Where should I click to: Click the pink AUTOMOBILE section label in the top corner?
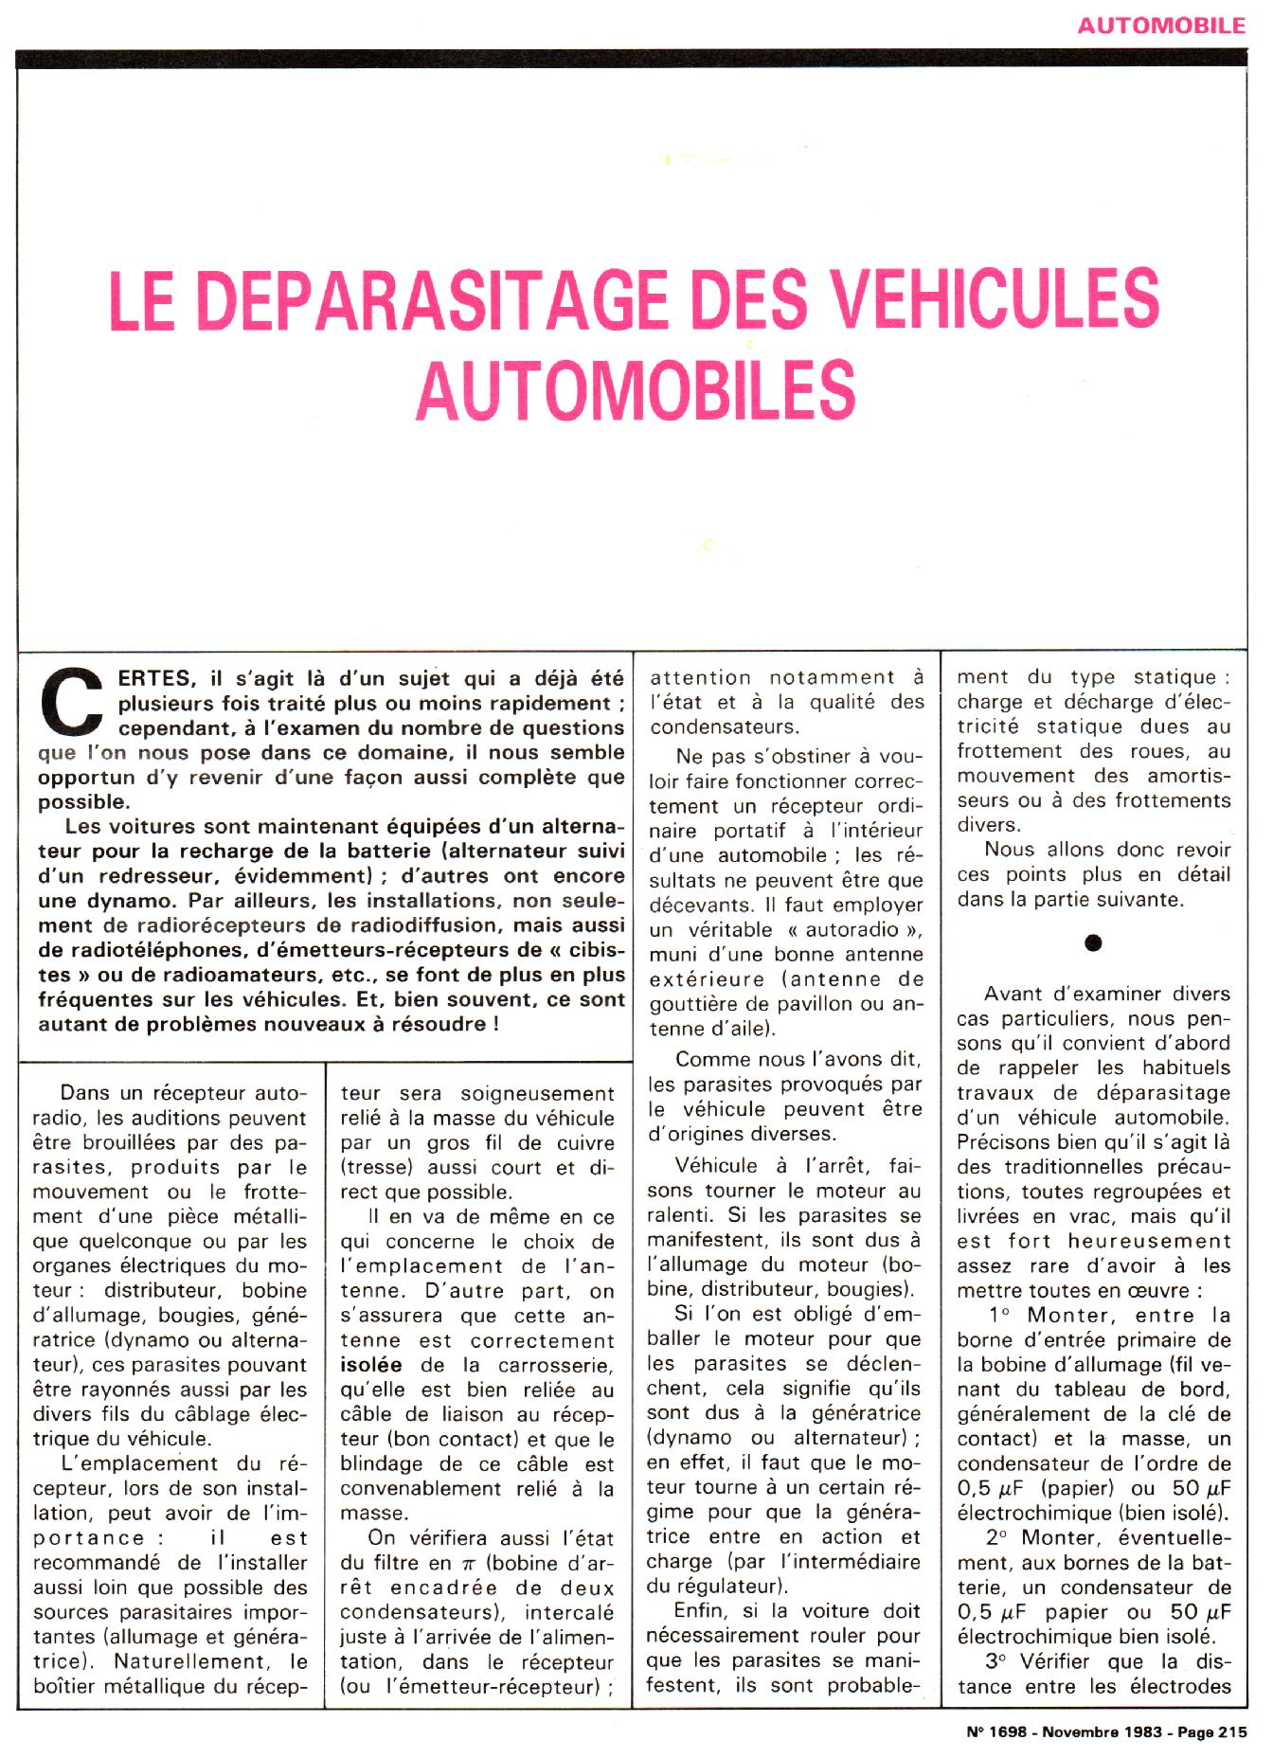pyautogui.click(x=1162, y=25)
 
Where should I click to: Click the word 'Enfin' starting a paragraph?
pyautogui.click(x=701, y=1611)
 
